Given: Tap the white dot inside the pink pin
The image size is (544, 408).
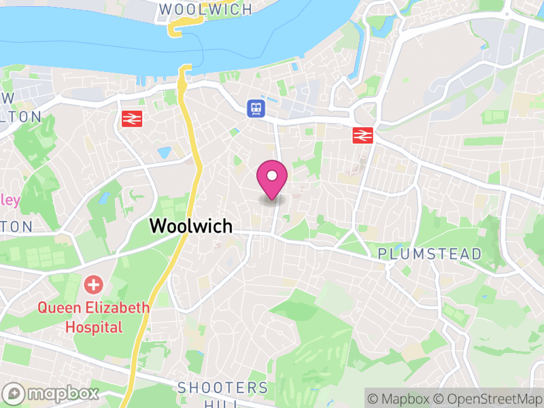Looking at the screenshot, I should click(272, 176).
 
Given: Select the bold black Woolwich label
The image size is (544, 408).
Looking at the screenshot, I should click(191, 226).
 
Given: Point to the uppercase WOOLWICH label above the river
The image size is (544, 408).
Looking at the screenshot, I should click(205, 10).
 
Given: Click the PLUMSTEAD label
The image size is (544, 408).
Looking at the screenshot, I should click(430, 254).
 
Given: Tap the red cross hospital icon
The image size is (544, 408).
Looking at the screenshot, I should click(93, 284).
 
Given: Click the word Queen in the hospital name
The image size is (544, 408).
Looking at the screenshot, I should click(57, 307).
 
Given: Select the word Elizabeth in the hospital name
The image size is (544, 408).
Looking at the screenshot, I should click(115, 307).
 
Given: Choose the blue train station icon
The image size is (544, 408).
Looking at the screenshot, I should click(256, 107).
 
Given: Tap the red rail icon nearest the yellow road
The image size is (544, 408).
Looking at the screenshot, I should click(131, 118).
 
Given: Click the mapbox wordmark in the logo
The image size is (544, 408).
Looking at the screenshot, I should click(63, 393).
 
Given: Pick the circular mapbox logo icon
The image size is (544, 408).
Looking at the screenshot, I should click(15, 393).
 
